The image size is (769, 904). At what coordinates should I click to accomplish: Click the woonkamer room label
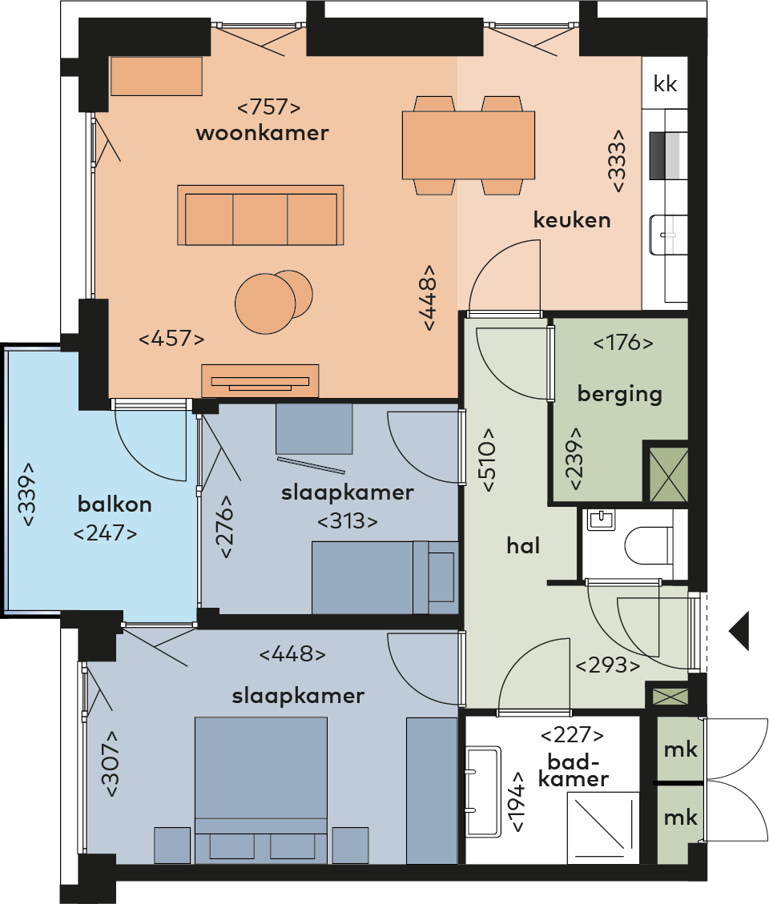263,133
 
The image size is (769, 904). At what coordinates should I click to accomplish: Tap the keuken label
572,219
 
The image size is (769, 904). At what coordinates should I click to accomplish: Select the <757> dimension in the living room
269,106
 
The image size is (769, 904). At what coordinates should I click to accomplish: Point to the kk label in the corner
665,84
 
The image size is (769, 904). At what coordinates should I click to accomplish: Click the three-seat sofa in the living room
261,215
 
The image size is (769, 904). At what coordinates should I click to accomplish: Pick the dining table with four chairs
469,145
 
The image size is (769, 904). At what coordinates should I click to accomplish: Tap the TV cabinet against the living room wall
260,380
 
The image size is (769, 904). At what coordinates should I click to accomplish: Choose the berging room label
619,394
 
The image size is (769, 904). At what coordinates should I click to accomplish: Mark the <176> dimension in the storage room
623,343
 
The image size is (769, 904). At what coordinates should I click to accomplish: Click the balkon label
115,504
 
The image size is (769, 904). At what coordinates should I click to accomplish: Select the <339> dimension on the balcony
27,494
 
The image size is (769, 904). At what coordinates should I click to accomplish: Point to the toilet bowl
648,544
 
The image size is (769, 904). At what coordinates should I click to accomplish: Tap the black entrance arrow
739,631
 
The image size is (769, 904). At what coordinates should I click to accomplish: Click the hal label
523,545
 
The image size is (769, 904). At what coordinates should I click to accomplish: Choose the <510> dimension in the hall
488,460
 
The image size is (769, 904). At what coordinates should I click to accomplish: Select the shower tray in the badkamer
603,828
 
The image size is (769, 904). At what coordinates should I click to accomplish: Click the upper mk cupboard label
681,749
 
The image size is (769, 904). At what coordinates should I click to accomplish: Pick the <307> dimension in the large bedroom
110,764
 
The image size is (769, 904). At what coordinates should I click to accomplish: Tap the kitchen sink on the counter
668,235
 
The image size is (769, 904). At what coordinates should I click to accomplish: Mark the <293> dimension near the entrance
608,665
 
